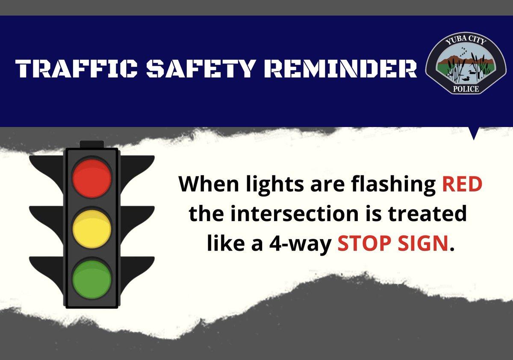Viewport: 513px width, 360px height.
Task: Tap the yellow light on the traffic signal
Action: [92, 228]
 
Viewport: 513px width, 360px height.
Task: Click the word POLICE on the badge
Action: [465, 89]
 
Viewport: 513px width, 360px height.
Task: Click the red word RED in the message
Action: [462, 185]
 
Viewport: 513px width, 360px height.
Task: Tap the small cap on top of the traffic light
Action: [92, 144]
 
